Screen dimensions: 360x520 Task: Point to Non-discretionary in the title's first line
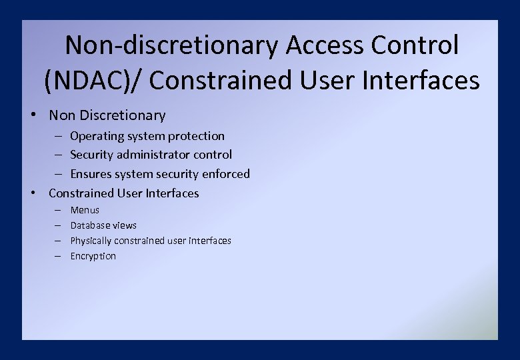pos(172,46)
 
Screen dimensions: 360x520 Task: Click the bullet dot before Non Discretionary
pos(33,114)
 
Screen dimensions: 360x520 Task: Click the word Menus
pos(85,210)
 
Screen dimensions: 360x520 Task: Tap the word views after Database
pos(125,225)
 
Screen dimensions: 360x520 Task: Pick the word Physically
pos(92,241)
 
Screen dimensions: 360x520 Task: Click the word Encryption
pos(93,256)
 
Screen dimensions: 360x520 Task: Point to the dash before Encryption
pos(58,256)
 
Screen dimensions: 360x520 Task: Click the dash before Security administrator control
pos(58,155)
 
